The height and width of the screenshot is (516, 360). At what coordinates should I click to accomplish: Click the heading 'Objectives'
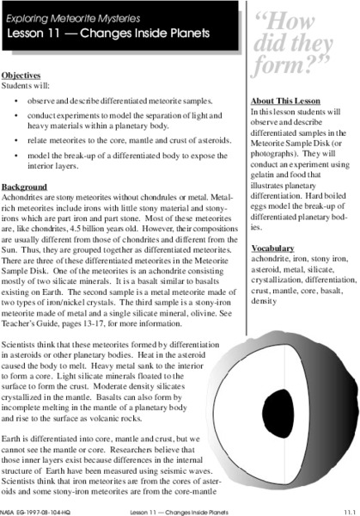(x=21, y=74)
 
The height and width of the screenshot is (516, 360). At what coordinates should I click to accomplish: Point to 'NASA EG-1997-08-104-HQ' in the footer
(x=39, y=511)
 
